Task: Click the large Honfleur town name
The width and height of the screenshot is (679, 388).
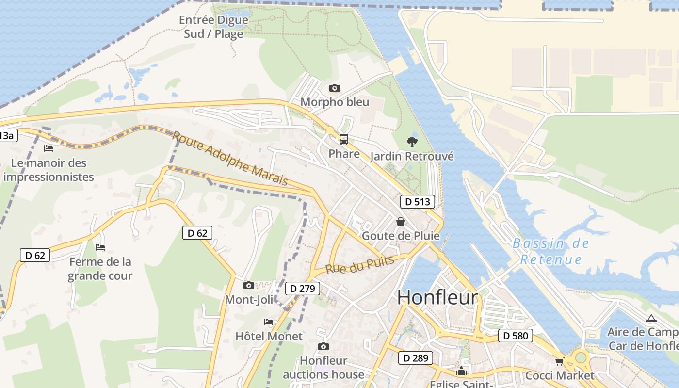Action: (437, 297)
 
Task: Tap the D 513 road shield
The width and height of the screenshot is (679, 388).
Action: (417, 202)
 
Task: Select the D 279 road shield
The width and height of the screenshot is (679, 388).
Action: (302, 289)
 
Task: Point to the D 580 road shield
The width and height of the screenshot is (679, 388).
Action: (515, 336)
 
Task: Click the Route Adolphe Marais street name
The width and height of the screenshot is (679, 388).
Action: (230, 158)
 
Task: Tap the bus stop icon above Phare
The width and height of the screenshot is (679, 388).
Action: (344, 139)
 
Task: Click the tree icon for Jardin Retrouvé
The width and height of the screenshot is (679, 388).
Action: (412, 142)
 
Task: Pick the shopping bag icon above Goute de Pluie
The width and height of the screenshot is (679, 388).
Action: (401, 222)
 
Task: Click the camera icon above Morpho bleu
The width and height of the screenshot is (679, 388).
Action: (334, 88)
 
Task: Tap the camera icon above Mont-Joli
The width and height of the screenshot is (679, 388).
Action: (249, 285)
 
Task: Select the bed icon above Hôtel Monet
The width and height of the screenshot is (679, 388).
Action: (269, 322)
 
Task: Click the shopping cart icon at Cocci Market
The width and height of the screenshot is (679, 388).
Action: (560, 361)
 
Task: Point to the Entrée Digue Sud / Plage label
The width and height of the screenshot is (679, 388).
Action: (213, 27)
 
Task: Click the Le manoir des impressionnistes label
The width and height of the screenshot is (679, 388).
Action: (48, 170)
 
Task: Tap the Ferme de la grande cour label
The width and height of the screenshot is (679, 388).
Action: (100, 269)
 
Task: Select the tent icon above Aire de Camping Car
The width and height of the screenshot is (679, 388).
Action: (651, 318)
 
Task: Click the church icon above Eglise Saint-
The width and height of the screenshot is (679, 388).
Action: (461, 372)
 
